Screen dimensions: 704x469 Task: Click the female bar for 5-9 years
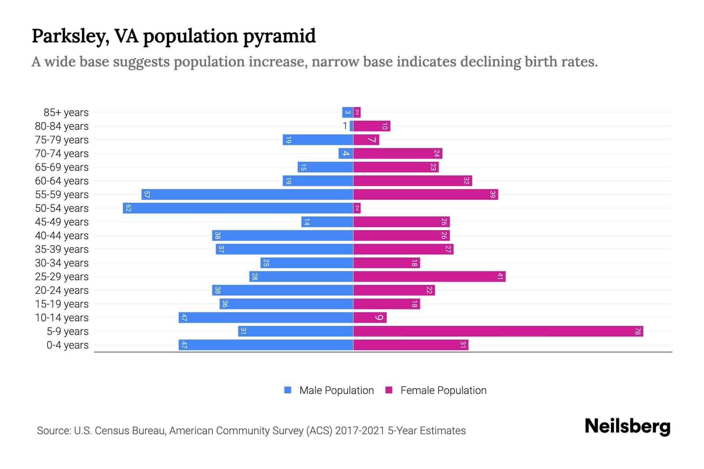498,331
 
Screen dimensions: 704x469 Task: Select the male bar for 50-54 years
238,208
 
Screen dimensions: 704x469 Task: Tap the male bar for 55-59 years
247,195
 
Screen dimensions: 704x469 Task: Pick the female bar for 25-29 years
429,277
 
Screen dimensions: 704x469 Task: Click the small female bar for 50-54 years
357,208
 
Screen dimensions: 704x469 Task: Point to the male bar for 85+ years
347,113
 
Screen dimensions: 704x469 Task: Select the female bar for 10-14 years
370,318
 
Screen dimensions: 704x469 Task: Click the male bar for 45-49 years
327,222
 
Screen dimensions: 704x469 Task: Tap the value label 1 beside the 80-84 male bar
345,126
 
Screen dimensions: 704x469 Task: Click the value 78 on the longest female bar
638,331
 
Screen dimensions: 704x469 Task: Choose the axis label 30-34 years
62,263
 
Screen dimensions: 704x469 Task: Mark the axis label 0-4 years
67,345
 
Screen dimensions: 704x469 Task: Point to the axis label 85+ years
66,113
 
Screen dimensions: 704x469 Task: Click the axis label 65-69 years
62,167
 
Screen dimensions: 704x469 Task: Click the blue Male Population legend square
288,390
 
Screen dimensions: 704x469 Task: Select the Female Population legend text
443,390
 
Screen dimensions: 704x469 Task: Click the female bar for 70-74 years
397,154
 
